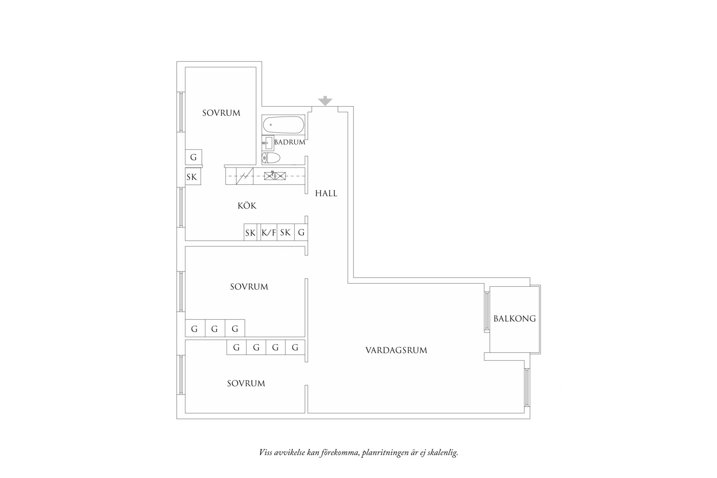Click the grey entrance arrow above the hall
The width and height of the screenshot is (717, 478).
click(325, 101)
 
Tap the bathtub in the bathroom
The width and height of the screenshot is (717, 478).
click(283, 125)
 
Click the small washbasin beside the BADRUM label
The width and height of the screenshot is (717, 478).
click(267, 143)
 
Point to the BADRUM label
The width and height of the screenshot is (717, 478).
click(290, 142)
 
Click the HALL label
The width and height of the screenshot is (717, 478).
click(326, 193)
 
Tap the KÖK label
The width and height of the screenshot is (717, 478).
click(247, 206)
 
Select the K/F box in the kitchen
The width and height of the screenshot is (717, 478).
click(269, 232)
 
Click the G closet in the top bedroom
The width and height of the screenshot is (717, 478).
click(193, 157)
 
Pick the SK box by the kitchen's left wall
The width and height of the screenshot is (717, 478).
click(192, 177)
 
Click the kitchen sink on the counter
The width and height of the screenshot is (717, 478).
click(275, 176)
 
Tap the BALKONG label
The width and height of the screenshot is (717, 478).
click(514, 319)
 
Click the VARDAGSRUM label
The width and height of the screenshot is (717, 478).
click(396, 350)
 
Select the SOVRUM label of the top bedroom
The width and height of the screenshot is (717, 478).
click(221, 113)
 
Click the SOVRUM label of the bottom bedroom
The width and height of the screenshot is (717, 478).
click(246, 383)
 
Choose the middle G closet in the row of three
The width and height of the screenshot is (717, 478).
click(215, 329)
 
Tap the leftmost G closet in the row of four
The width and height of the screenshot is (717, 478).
click(236, 347)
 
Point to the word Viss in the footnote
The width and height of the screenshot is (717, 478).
click(265, 452)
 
